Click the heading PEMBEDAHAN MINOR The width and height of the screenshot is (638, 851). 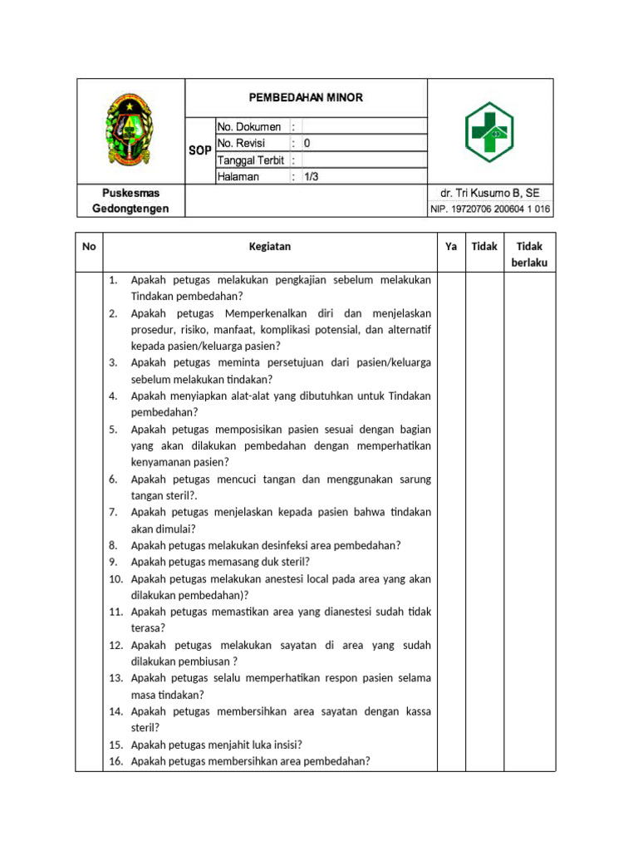coord(307,98)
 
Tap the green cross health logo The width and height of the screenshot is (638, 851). coord(489,132)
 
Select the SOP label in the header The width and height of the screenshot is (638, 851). coord(199,151)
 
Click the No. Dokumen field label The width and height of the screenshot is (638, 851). coord(249,127)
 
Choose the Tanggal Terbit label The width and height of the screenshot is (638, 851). coord(251,160)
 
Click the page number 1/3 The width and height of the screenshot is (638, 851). coord(312,176)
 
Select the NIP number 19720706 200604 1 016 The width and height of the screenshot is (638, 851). coord(490,209)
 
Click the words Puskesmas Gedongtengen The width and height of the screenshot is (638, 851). coord(130,200)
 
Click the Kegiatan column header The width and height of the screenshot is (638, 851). coord(270,246)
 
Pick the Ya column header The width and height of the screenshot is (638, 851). coord(451,246)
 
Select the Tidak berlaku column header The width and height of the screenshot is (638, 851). coord(529,254)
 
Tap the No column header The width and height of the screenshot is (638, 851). coord(89,246)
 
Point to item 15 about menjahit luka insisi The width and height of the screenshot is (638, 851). coord(216,745)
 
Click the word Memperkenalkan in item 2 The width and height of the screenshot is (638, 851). coord(263,312)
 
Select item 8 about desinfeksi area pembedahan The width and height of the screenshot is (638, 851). coord(266,545)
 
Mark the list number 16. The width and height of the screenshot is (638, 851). coord(115,761)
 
